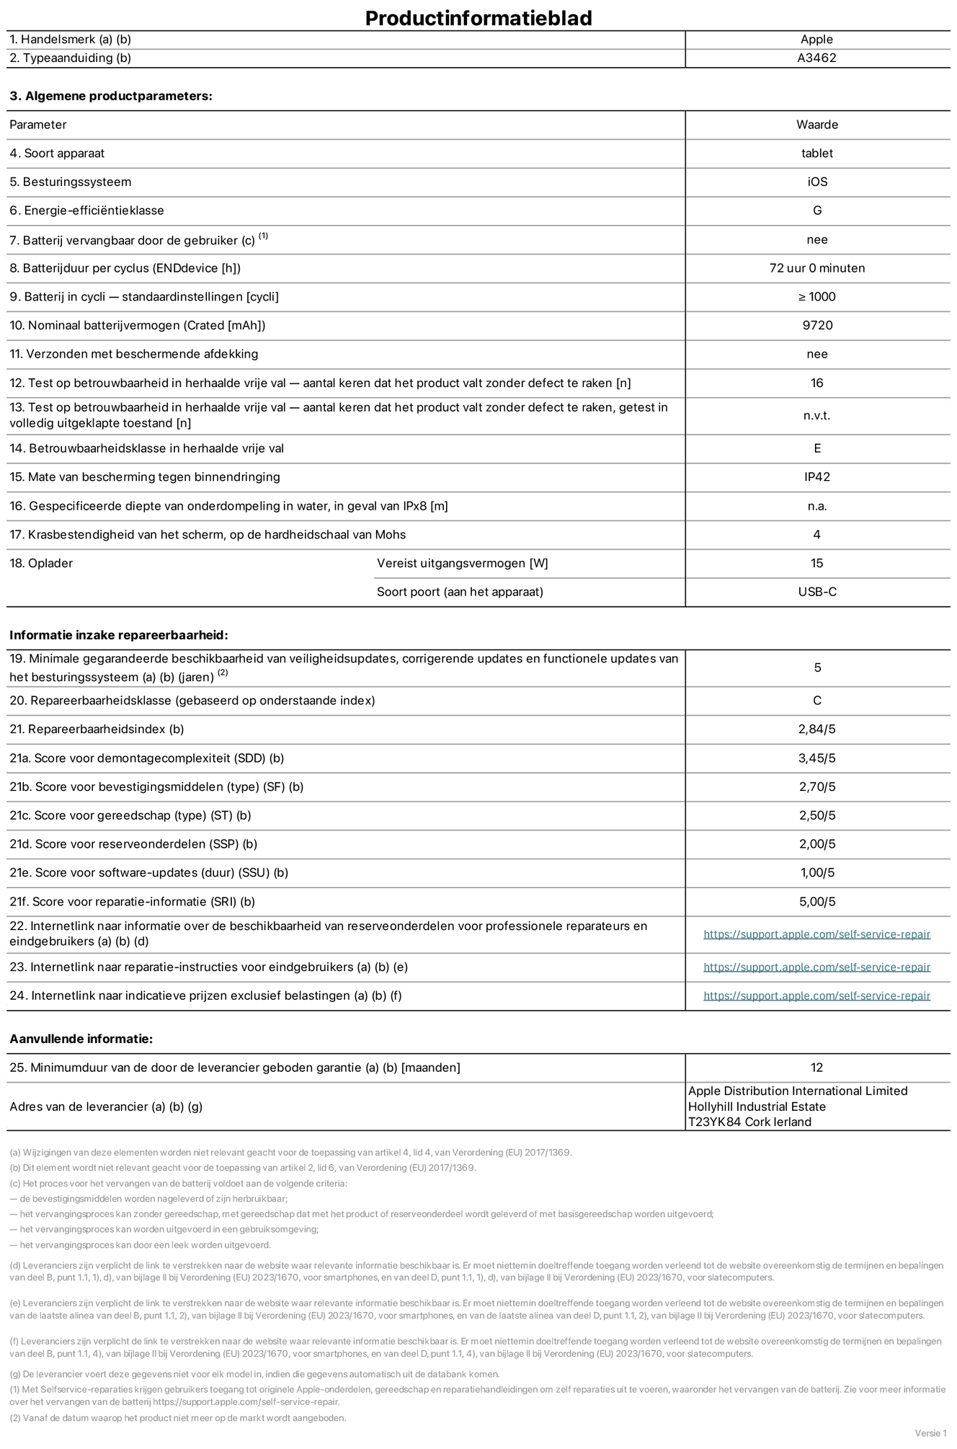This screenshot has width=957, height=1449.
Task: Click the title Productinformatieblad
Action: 478,18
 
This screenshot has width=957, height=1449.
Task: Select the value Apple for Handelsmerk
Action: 816,40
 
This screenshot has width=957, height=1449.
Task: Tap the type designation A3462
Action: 816,58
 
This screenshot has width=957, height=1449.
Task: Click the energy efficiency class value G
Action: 817,211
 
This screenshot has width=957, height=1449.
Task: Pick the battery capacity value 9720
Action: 817,325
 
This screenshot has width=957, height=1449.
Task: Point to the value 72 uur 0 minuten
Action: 817,268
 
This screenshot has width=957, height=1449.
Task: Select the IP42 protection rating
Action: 817,477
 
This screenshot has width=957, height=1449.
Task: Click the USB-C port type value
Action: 817,592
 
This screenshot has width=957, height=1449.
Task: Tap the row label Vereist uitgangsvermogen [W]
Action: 462,563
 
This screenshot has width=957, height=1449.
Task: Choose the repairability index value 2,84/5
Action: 817,729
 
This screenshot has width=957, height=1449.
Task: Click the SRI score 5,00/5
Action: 817,902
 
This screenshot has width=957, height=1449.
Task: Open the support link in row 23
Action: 816,967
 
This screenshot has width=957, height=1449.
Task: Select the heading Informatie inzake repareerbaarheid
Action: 118,635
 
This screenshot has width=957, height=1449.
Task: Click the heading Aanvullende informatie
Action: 81,1039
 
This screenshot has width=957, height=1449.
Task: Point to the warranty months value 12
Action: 816,1068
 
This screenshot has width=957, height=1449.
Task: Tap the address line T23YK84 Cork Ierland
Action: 749,1122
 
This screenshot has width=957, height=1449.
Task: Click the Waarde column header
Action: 817,125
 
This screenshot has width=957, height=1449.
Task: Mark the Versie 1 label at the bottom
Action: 930,1433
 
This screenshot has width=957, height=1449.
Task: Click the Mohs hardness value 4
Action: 817,534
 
